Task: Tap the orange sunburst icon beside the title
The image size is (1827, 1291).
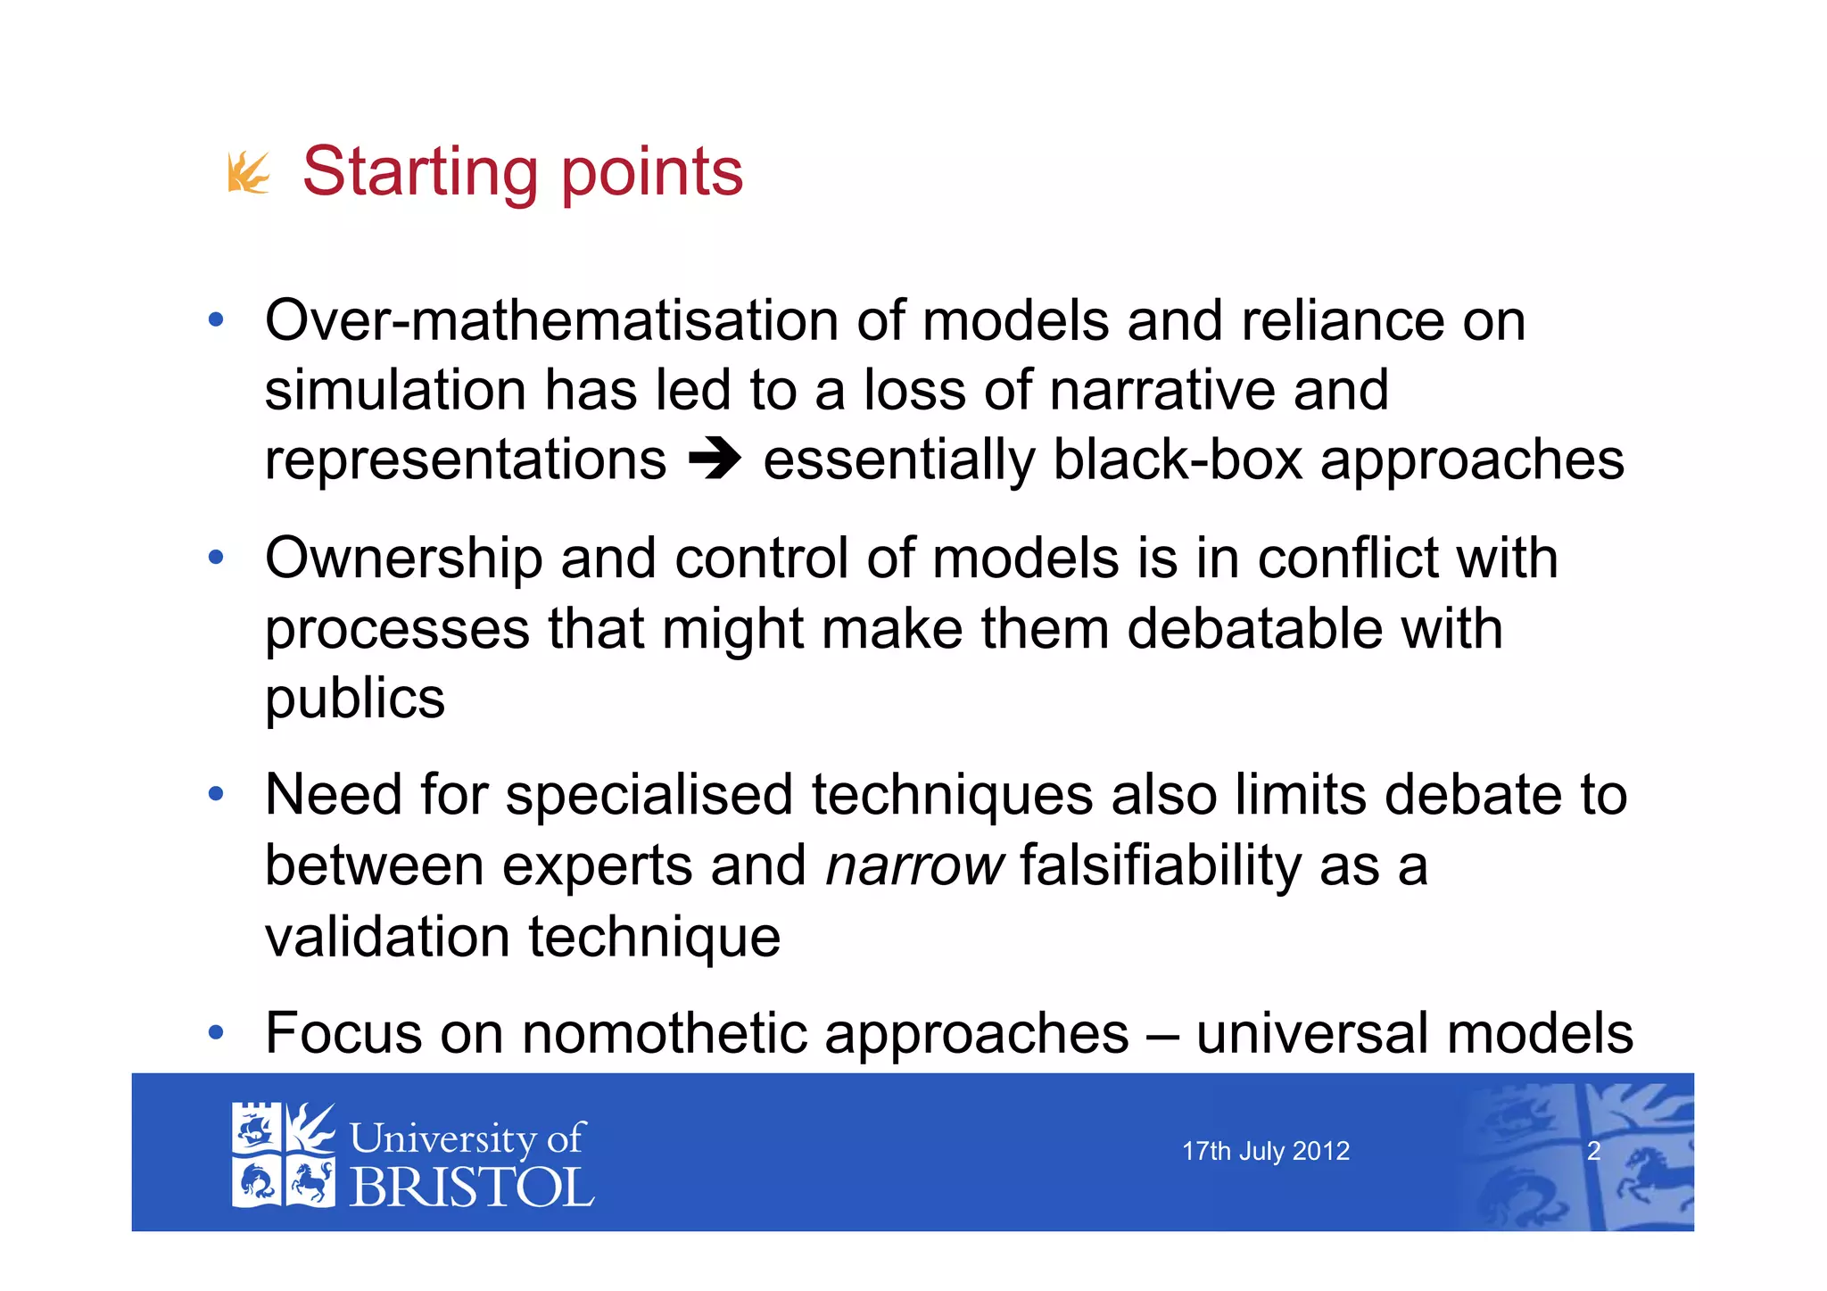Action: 248,172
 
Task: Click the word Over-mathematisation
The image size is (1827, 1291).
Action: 551,320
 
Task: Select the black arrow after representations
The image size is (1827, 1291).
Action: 715,460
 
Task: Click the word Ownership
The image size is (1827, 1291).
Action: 403,559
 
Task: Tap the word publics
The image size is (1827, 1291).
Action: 355,699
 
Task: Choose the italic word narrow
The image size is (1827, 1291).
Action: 914,865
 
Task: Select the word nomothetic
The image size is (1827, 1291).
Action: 664,1033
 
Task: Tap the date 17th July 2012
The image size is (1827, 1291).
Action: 1265,1151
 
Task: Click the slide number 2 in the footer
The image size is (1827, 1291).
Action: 1593,1151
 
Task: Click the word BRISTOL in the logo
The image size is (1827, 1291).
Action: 471,1188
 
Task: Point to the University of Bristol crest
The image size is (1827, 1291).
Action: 283,1155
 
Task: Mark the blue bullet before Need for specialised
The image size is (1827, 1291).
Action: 215,793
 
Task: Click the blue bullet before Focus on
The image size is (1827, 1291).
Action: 215,1033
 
